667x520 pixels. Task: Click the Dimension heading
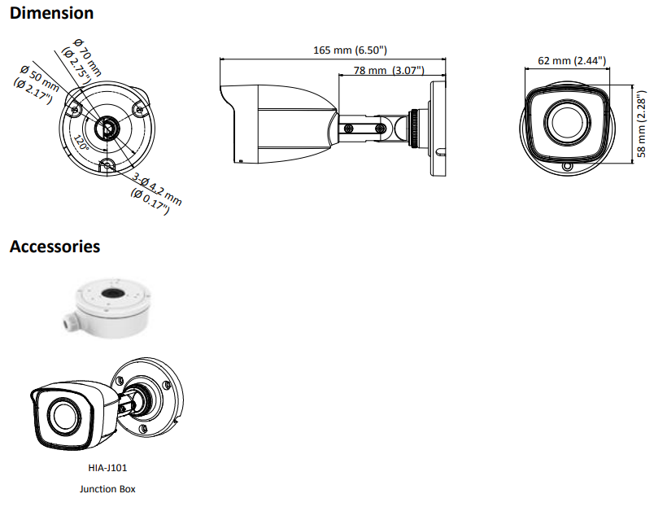(51, 13)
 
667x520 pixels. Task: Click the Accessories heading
(54, 247)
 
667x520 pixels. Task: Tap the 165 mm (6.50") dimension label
(350, 50)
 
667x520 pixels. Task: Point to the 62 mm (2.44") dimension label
(572, 60)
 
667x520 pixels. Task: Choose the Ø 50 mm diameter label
(37, 83)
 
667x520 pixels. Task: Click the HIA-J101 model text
(107, 468)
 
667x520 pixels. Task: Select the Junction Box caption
(107, 489)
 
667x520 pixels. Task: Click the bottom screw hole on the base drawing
(106, 167)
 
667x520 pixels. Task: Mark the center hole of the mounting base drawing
(106, 127)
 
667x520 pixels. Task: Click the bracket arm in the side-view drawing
(373, 129)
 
